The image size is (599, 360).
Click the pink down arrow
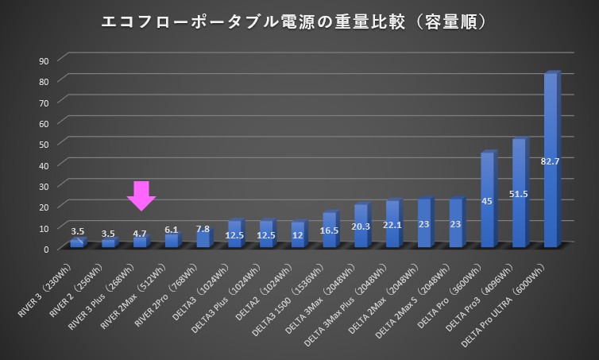(141, 195)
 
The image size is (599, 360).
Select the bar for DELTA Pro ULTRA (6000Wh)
(551, 159)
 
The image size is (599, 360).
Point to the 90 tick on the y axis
(44, 60)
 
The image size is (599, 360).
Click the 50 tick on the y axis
(44, 144)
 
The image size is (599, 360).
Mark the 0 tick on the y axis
(47, 249)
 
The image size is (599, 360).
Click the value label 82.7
(551, 161)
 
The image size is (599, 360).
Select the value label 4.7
(140, 234)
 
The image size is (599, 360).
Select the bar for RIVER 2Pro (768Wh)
(203, 238)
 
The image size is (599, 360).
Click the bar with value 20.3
(361, 226)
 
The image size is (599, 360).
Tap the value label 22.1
(392, 226)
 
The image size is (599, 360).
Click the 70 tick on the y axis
(44, 103)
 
